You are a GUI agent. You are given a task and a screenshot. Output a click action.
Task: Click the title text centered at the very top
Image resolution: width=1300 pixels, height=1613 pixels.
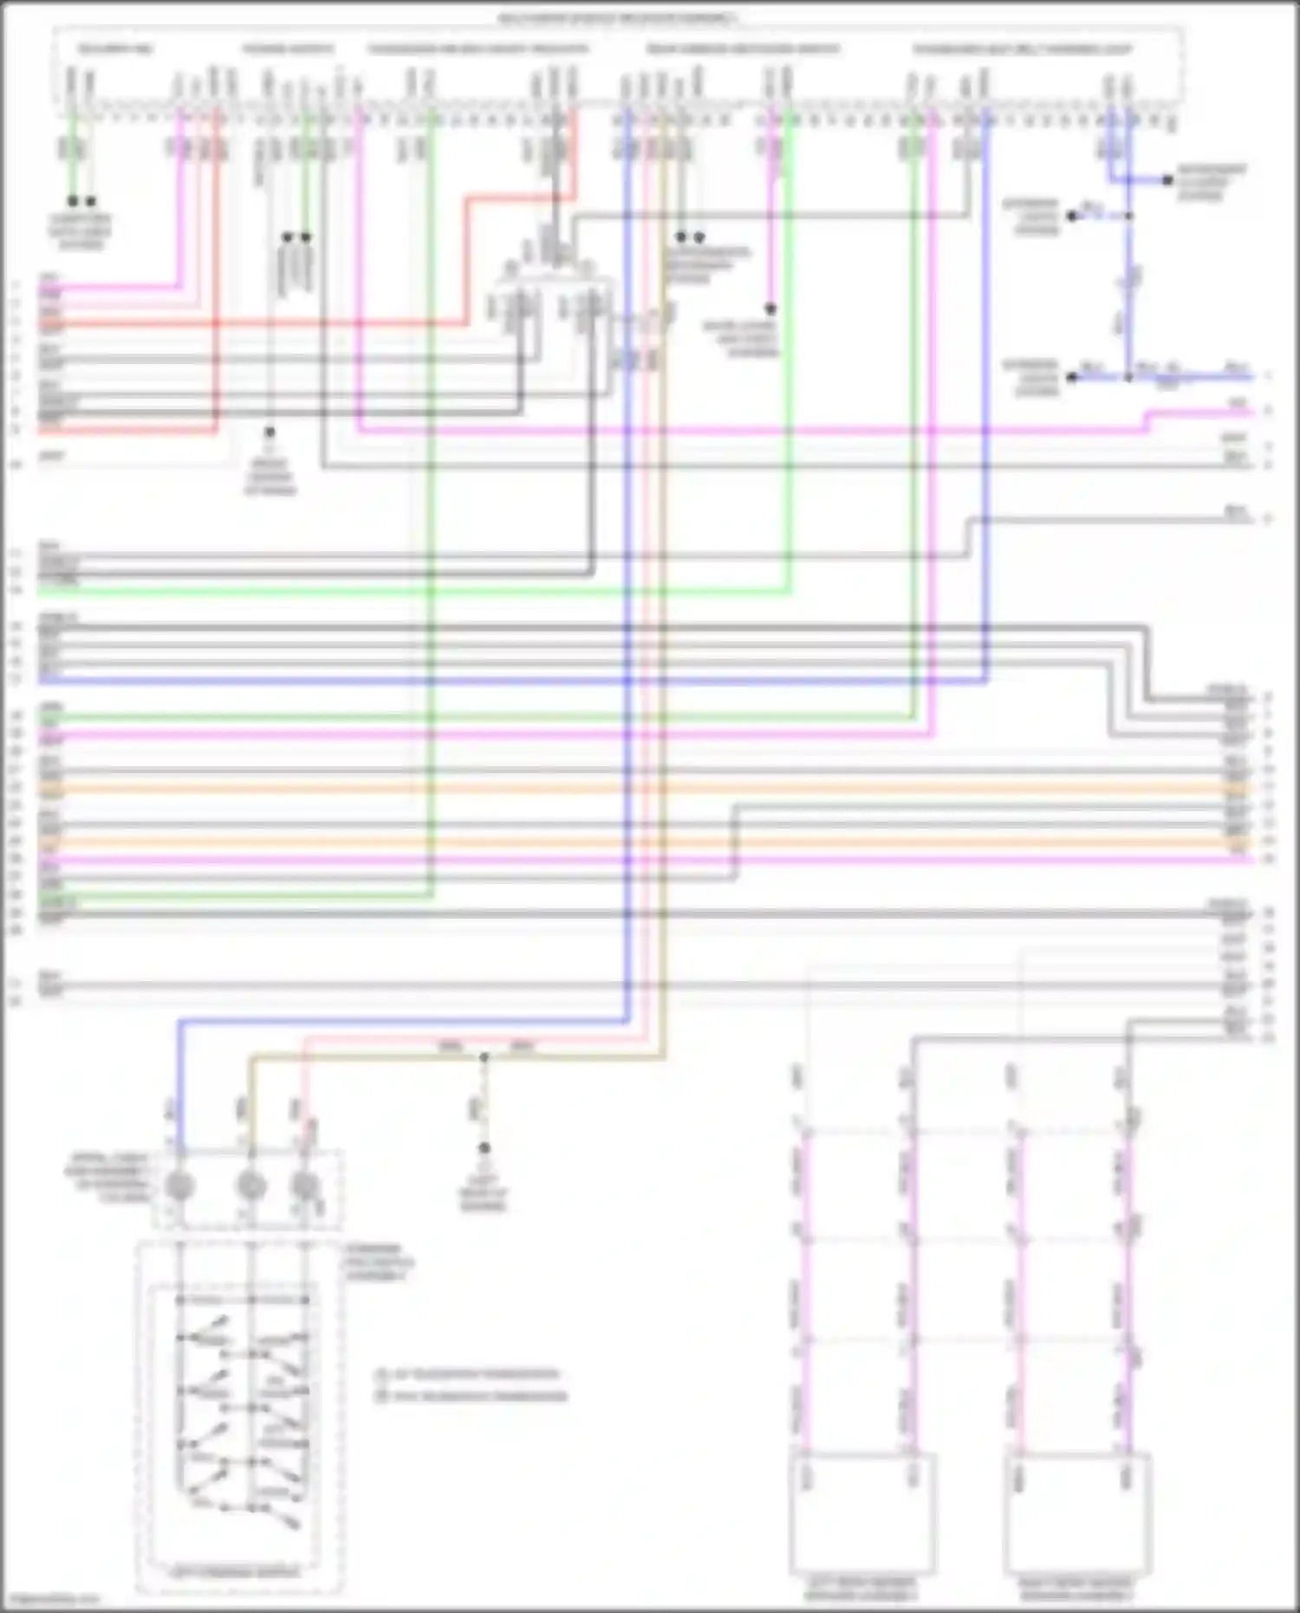(x=618, y=18)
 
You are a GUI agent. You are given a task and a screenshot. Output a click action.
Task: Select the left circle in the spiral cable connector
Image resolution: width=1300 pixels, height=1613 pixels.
(x=179, y=1185)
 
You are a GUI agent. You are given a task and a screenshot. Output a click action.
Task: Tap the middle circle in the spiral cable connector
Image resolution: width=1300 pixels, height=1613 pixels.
(x=251, y=1185)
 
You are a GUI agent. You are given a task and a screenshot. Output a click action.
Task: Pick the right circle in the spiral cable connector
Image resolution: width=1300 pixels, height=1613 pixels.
(x=305, y=1185)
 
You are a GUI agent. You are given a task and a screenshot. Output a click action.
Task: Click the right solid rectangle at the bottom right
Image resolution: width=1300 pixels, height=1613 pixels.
(x=1077, y=1513)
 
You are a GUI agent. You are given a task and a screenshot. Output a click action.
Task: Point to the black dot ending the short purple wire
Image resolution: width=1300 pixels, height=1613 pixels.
(x=770, y=309)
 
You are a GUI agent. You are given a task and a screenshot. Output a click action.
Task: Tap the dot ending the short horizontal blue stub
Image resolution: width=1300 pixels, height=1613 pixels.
(x=1167, y=180)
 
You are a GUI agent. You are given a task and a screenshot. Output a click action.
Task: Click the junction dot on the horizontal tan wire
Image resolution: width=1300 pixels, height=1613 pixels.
(x=484, y=1057)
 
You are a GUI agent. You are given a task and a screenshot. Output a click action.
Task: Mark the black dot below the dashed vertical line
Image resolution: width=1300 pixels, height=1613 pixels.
(x=484, y=1148)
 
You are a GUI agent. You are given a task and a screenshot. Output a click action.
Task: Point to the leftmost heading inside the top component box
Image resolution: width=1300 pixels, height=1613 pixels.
(x=116, y=49)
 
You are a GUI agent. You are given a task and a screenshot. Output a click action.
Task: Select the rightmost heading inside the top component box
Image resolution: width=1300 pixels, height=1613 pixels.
(x=1023, y=49)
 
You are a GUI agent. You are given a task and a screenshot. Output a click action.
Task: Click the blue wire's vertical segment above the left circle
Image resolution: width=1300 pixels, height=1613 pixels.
(x=180, y=1083)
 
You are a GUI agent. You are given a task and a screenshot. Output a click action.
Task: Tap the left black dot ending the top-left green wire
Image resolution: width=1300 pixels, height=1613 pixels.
(x=73, y=201)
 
